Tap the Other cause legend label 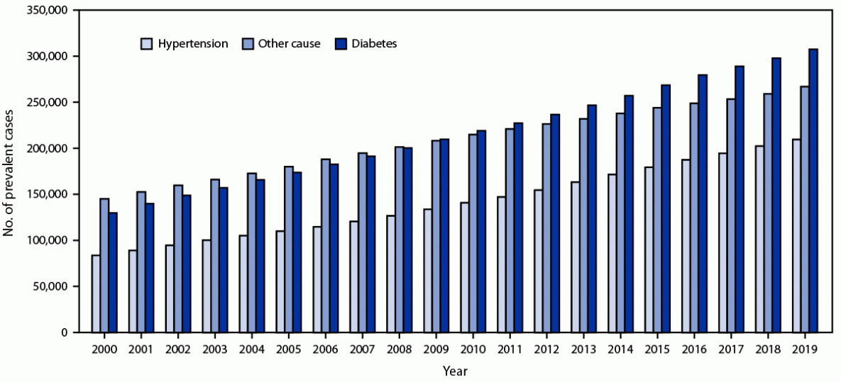(x=290, y=44)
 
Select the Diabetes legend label (x=376, y=44)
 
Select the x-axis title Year (x=454, y=371)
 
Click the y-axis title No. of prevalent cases (x=10, y=171)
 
